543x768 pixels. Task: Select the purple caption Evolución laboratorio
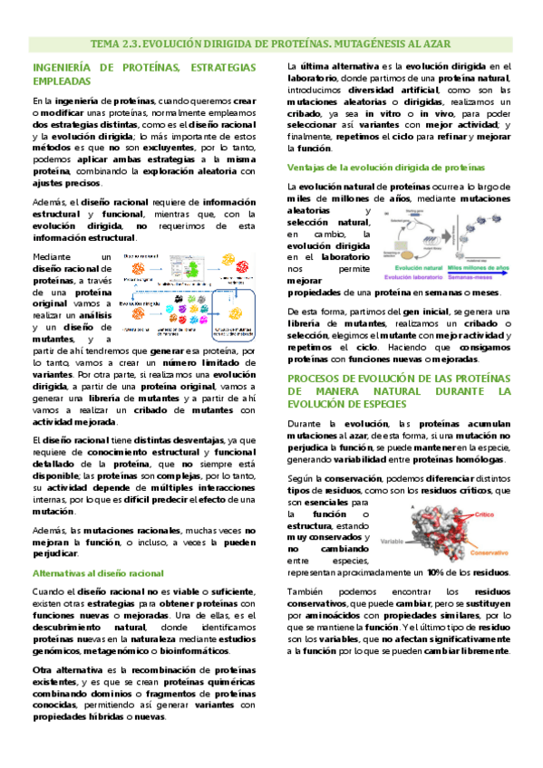416,276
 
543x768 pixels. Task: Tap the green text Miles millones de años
481,268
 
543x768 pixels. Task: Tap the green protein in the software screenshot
194,268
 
